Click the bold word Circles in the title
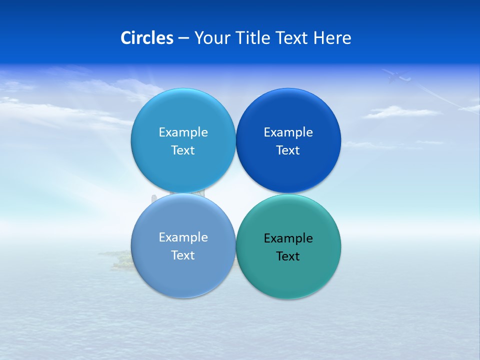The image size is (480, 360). coord(147,38)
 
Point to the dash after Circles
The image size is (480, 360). coord(183,38)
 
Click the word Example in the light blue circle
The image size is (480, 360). coord(183,132)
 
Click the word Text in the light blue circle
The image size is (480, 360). coord(183,150)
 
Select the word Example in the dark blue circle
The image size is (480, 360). coord(288,132)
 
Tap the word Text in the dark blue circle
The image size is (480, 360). coord(288,150)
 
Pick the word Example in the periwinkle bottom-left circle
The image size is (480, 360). coord(183,237)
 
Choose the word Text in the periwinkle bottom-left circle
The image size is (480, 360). coord(183,255)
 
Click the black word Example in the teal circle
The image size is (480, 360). coord(288,238)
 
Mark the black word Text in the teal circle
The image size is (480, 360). coord(288,256)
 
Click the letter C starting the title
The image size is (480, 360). coord(125,38)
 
